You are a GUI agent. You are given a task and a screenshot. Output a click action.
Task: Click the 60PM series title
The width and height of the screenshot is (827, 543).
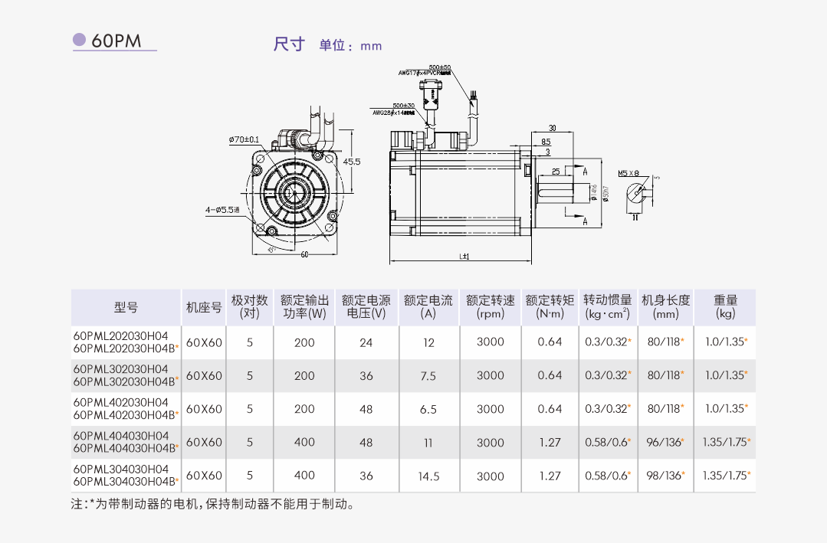tap(117, 41)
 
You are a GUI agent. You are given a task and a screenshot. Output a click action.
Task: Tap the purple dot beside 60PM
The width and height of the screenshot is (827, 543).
tap(79, 40)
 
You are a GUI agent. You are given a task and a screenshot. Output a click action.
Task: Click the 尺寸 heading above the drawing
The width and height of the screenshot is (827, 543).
tap(289, 44)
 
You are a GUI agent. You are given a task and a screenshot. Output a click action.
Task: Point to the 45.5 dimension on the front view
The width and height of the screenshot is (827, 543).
tap(352, 162)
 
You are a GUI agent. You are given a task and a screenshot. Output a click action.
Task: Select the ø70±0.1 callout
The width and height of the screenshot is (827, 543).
tap(244, 140)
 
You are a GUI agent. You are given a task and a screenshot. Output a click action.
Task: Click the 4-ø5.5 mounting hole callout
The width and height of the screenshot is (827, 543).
tap(222, 208)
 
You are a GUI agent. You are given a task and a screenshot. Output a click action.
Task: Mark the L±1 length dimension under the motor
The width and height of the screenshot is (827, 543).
tap(464, 257)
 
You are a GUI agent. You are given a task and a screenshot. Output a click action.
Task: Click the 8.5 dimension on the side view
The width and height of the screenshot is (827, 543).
tap(545, 142)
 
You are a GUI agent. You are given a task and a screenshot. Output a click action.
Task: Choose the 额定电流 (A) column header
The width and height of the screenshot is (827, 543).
tap(428, 306)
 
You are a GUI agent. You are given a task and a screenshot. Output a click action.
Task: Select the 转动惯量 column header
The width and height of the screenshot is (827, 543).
tap(607, 306)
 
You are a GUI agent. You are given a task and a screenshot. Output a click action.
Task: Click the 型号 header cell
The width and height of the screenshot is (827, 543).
tap(126, 307)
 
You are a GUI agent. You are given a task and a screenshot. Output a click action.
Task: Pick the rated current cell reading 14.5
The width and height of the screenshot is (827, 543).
tap(428, 476)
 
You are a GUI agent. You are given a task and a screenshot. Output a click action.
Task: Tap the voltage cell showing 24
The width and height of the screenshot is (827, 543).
tap(366, 342)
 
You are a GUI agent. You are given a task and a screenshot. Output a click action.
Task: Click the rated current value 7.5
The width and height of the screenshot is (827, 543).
tap(428, 376)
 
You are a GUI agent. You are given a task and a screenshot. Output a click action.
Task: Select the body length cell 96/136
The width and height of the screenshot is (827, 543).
tap(665, 443)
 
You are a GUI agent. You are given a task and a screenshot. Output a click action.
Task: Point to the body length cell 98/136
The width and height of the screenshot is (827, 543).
tap(665, 476)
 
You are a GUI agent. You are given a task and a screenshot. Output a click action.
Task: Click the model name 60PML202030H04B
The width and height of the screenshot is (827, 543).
tap(125, 348)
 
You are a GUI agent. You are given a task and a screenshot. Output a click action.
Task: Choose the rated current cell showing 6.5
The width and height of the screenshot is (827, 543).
tap(428, 410)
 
